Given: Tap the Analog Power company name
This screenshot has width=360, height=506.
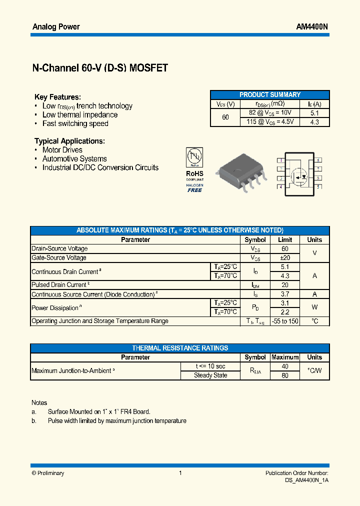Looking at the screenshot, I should click(x=56, y=26).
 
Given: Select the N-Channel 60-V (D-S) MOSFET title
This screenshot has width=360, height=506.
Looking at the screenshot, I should click(x=100, y=68).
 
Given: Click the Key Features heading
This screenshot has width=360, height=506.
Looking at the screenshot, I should click(x=57, y=97).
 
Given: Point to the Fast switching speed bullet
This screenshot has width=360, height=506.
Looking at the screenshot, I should click(x=75, y=123).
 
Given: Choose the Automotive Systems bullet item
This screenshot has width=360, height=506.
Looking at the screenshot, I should click(x=74, y=158).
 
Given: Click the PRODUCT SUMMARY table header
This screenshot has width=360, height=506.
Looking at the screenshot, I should click(x=270, y=94).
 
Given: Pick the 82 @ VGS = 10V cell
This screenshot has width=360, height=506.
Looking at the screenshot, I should click(x=270, y=113).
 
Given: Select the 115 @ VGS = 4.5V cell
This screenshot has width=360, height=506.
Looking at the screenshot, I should click(x=270, y=121).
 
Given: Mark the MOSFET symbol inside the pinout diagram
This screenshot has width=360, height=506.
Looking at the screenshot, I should click(x=299, y=174).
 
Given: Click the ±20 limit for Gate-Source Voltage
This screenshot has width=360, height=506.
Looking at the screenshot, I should click(x=285, y=257).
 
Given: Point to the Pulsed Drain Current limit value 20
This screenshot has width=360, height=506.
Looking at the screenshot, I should click(x=285, y=284).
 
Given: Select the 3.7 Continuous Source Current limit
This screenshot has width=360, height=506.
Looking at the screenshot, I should click(x=285, y=294).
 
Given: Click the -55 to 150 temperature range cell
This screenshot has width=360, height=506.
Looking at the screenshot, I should click(x=285, y=321).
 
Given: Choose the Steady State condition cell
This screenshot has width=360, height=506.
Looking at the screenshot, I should click(x=210, y=375).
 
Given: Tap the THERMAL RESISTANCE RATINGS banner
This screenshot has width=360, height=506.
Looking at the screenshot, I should click(x=180, y=348).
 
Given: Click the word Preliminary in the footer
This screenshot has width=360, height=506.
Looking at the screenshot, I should click(x=50, y=473).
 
